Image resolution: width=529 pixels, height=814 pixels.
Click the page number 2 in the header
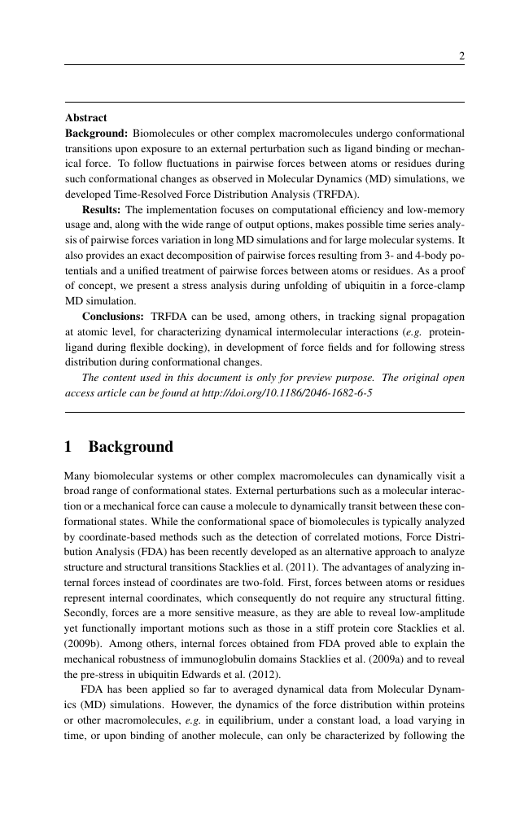(461, 56)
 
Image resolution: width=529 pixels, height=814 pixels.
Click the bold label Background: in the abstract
(96, 133)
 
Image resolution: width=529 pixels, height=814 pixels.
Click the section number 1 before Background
(68, 447)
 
